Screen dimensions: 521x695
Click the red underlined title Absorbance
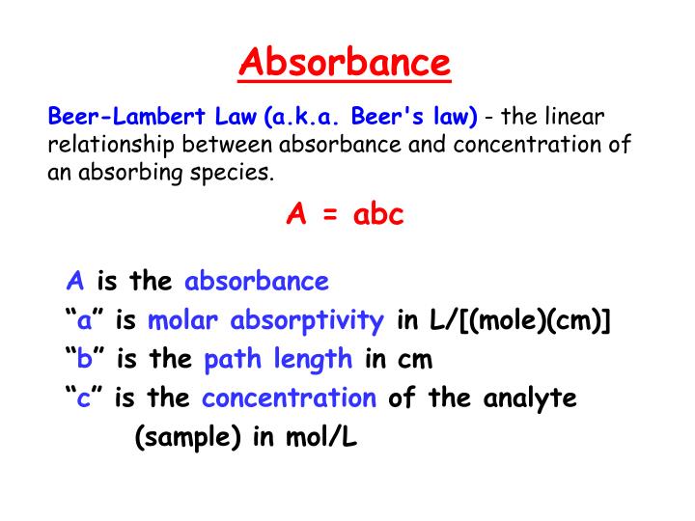pyautogui.click(x=345, y=64)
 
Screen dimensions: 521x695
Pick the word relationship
pyautogui.click(x=108, y=146)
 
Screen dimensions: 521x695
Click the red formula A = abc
pyautogui.click(x=345, y=214)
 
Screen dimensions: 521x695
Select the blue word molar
pyautogui.click(x=180, y=321)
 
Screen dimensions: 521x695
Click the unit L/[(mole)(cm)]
pyautogui.click(x=505, y=321)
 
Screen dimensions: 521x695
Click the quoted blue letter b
pyautogui.click(x=84, y=360)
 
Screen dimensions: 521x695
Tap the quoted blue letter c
pyautogui.click(x=84, y=398)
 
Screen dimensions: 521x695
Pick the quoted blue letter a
pyautogui.click(x=84, y=321)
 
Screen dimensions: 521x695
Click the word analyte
pyautogui.click(x=530, y=398)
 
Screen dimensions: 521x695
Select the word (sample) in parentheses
pyautogui.click(x=188, y=437)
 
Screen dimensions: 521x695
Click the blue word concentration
pyautogui.click(x=289, y=398)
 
